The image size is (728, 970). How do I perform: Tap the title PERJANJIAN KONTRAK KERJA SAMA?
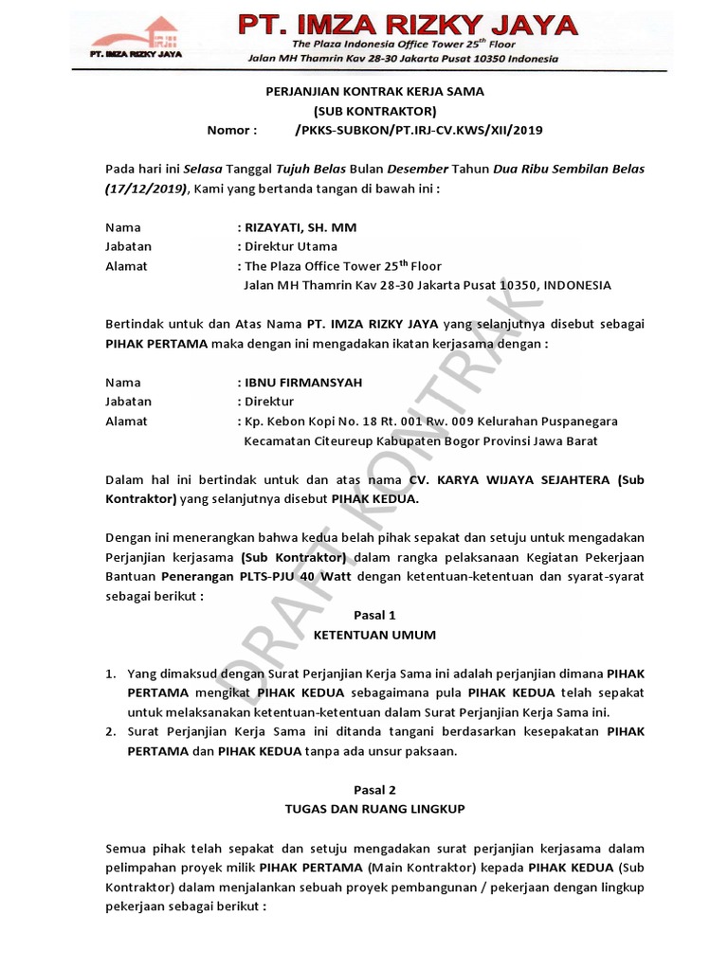(x=373, y=91)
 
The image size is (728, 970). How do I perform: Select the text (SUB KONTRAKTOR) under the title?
(x=373, y=111)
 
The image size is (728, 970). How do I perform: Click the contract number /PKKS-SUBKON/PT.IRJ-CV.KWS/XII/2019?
(x=420, y=130)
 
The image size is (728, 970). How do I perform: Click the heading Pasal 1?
(x=373, y=615)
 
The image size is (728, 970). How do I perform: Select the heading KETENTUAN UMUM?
(x=373, y=634)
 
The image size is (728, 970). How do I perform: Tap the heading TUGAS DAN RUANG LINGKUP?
(x=373, y=809)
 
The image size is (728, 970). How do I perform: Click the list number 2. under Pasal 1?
(x=111, y=731)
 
